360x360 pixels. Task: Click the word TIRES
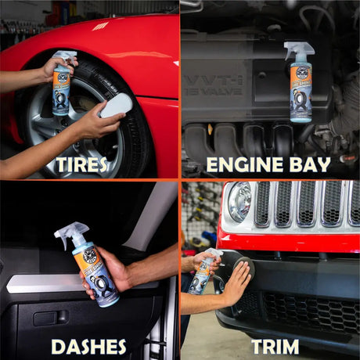coord(88,164)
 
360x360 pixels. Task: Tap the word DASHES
coord(88,345)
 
